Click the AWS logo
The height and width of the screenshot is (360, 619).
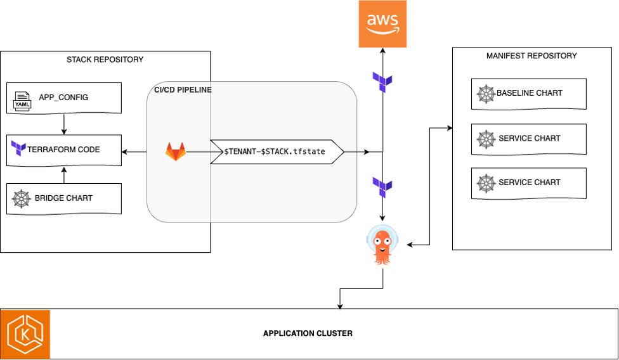382,24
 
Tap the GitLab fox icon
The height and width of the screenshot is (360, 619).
176,151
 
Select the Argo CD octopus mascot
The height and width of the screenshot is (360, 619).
382,246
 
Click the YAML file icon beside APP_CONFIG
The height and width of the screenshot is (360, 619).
22,99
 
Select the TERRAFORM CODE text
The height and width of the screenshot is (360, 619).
63,150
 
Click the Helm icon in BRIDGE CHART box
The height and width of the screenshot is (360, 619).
22,198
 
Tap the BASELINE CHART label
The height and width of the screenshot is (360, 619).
529,93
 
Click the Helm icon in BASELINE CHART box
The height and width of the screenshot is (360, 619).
485,94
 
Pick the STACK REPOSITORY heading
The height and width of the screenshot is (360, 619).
105,60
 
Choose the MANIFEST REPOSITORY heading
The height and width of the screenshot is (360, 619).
531,56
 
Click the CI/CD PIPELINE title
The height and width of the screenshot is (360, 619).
183,90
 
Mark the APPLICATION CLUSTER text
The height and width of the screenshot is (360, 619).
308,333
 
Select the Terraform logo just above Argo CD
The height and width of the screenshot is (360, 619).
382,187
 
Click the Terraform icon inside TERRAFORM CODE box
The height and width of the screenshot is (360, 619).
18,150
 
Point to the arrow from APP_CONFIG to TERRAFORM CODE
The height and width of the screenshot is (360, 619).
64,120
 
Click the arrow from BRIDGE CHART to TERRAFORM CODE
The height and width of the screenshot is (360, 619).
64,175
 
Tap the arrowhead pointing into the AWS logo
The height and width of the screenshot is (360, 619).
382,51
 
